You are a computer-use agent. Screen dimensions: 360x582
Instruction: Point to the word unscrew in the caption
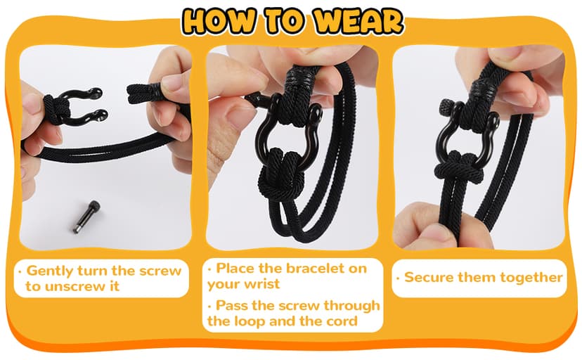tap(78, 286)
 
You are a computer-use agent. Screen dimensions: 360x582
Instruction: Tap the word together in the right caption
tap(531, 277)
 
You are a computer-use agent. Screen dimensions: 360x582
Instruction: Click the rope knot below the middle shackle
tap(291, 169)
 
